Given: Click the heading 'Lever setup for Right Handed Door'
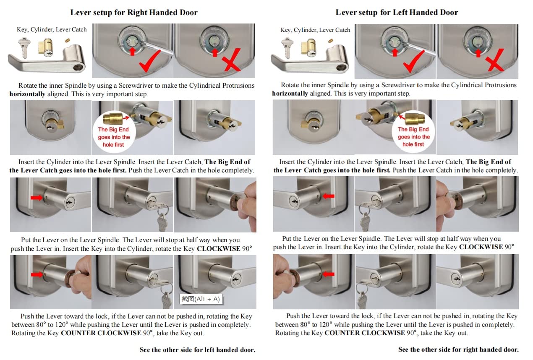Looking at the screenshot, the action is tap(134, 12).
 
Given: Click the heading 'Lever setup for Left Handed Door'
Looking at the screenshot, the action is tap(397, 12).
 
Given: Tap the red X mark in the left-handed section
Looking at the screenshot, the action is tap(496, 60).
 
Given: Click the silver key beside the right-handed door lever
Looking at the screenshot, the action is tap(24, 47).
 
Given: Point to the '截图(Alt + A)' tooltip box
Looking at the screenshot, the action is tap(201, 299).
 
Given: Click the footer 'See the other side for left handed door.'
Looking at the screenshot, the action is tap(198, 350).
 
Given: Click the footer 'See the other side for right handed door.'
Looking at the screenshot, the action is tap(459, 349).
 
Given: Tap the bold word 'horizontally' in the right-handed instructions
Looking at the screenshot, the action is tap(27, 94).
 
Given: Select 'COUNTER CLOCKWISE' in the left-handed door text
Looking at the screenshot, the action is tap(365, 333).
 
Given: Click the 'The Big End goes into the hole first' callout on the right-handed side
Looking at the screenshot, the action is tap(114, 132).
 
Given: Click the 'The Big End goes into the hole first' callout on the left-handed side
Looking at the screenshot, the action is tap(413, 131).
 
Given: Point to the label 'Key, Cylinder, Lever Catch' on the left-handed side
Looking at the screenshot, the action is tap(315, 30).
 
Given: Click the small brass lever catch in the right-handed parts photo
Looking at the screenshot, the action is tap(68, 40).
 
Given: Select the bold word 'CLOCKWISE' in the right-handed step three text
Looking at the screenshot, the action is tap(218, 249).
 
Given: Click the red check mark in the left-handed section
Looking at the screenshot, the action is tap(413, 61).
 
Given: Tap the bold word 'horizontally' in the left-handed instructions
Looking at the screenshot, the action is tap(290, 94).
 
